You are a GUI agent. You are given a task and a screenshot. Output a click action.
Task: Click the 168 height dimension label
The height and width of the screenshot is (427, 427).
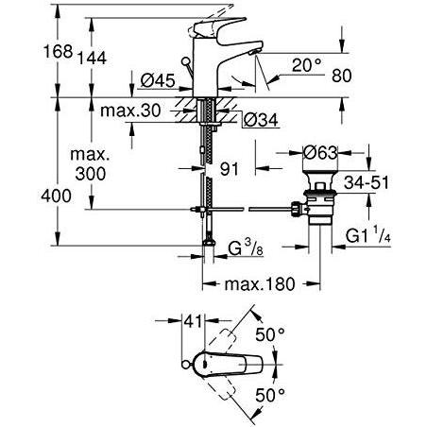(x=58, y=51)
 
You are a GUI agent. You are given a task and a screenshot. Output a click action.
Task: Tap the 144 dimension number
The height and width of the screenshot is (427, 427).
(x=92, y=58)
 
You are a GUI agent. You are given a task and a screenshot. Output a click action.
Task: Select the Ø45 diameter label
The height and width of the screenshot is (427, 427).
(x=158, y=80)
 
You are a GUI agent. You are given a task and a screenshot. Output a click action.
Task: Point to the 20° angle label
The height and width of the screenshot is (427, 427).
(x=306, y=65)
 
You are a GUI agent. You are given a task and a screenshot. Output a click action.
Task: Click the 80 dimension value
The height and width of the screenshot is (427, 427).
(x=342, y=76)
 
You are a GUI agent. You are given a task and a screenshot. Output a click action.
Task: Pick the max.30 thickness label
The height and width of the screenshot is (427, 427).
(x=130, y=111)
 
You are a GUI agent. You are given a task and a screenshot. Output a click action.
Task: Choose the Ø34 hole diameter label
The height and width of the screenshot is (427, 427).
(x=261, y=120)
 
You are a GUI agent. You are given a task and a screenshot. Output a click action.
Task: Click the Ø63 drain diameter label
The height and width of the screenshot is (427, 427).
(x=320, y=153)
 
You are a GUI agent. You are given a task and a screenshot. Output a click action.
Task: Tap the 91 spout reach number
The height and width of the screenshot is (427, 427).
(x=230, y=169)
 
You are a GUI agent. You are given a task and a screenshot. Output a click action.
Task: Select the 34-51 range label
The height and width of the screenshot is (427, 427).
(x=367, y=182)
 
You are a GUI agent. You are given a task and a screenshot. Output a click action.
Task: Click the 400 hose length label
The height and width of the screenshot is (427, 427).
(x=57, y=196)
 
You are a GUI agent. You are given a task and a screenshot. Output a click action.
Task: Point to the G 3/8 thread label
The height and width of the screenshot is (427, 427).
(x=246, y=248)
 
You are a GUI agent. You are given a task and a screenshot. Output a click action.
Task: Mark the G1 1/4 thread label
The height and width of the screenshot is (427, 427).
(x=368, y=235)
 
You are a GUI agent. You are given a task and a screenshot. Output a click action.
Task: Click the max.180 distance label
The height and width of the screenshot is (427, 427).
(x=260, y=284)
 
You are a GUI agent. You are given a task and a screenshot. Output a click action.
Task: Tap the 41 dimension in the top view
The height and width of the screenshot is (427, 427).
(x=193, y=321)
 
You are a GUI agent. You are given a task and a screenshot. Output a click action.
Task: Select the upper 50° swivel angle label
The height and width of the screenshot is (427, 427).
(x=270, y=334)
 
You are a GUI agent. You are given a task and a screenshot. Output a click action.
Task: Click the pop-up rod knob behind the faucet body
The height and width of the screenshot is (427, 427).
(x=186, y=61)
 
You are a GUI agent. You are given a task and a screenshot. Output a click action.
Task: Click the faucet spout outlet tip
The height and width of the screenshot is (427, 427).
(x=253, y=53)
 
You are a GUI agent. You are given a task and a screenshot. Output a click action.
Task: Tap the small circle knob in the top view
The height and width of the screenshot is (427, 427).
(x=186, y=365)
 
